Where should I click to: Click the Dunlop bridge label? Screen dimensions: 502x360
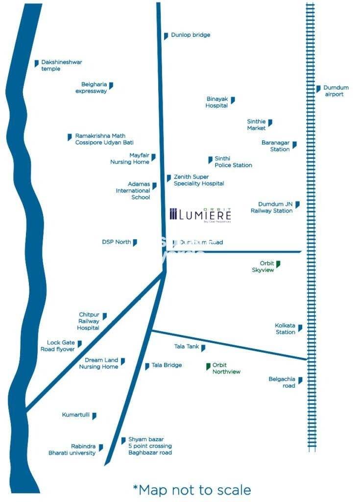[x=191, y=35]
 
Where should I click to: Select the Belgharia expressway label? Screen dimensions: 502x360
[x=91, y=88]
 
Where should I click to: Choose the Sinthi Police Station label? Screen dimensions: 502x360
[x=233, y=162]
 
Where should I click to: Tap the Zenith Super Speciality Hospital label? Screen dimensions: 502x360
[x=199, y=180]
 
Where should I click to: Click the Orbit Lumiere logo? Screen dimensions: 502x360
[x=200, y=214]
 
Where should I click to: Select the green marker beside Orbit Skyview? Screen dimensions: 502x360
[x=278, y=264]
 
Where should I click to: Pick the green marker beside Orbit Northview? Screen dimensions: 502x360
[x=208, y=366]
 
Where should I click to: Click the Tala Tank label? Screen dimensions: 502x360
[x=187, y=347]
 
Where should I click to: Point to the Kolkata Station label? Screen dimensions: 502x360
[x=285, y=328]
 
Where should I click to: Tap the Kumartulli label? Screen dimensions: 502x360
[x=75, y=415]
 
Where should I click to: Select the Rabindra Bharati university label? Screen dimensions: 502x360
[x=72, y=450]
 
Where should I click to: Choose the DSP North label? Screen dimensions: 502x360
[x=117, y=242]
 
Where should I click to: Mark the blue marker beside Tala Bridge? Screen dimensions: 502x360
[x=147, y=366]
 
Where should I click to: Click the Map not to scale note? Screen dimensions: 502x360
[x=192, y=489]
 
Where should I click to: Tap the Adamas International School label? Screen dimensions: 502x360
[x=133, y=191]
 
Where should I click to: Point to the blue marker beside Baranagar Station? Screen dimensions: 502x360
[x=294, y=145]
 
